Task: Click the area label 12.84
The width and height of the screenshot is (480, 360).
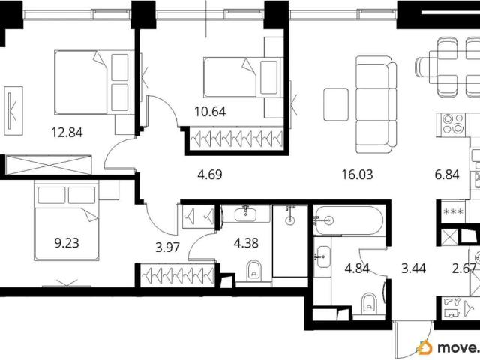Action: click(x=67, y=133)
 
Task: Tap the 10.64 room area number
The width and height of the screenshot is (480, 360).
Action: click(x=210, y=112)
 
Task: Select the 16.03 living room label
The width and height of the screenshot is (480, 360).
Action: click(x=357, y=175)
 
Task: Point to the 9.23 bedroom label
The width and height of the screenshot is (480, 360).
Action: click(x=67, y=243)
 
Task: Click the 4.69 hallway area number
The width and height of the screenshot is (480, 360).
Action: click(x=210, y=175)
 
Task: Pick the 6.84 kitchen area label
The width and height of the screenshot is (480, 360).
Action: click(x=447, y=175)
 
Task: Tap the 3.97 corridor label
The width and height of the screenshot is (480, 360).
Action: click(x=167, y=247)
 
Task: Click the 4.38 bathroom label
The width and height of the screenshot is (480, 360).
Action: click(x=246, y=243)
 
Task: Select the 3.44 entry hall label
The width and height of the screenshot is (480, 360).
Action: click(x=413, y=268)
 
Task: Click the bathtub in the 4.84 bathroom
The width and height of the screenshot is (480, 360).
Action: click(x=348, y=220)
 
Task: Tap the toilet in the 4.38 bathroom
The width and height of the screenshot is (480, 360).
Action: click(x=253, y=270)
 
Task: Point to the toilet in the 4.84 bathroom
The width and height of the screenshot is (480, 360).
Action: click(x=369, y=303)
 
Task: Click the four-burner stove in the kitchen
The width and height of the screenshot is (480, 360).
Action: click(x=453, y=124)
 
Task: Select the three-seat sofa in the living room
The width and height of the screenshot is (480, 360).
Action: click(x=376, y=104)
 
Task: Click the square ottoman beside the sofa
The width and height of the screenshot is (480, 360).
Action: click(x=336, y=104)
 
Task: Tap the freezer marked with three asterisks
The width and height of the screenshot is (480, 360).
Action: click(x=453, y=211)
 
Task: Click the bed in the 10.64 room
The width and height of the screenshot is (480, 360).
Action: click(x=243, y=77)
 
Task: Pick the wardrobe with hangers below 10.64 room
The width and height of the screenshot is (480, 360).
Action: click(x=237, y=139)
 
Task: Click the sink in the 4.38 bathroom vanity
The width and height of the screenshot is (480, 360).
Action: click(x=245, y=214)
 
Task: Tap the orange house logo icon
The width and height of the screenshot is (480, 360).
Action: click(x=424, y=347)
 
